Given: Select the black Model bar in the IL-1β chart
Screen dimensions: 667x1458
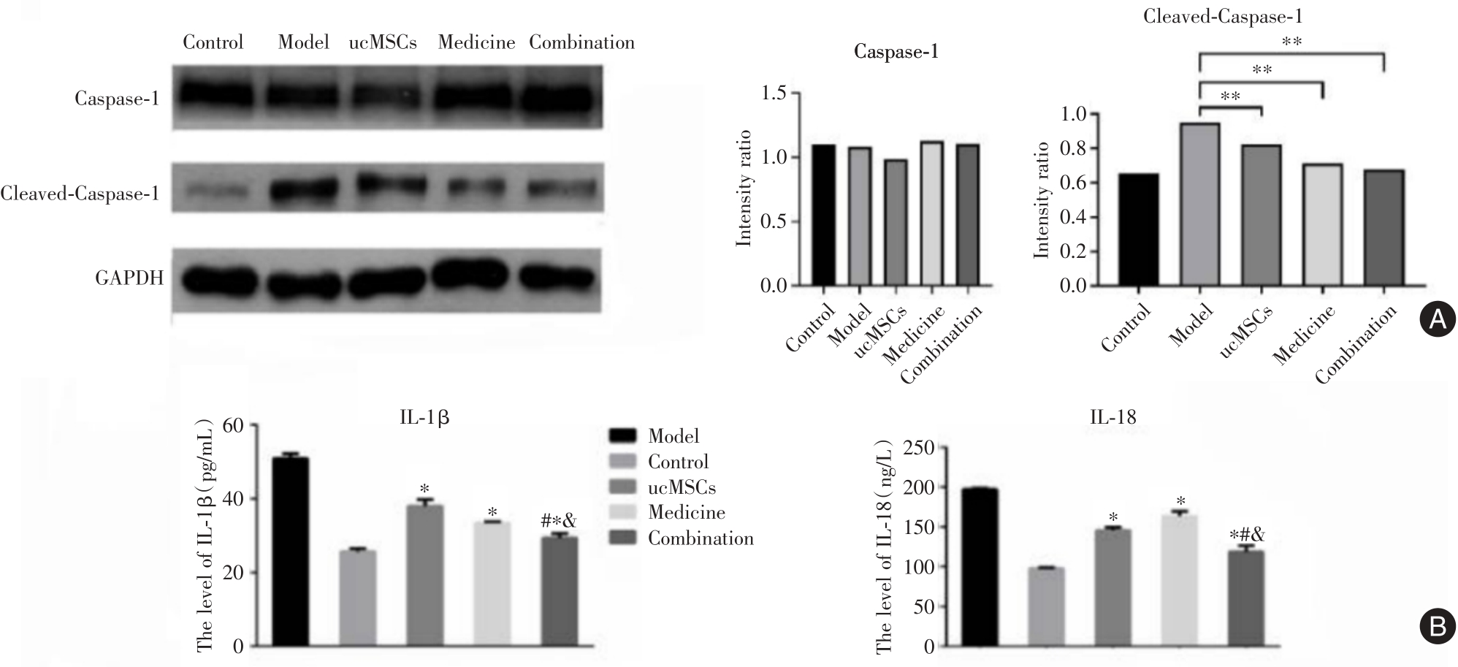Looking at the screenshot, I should click(x=291, y=552).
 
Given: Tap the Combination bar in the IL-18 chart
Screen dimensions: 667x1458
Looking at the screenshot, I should click(x=1246, y=599).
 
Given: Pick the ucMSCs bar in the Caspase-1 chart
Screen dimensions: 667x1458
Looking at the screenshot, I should click(x=895, y=223).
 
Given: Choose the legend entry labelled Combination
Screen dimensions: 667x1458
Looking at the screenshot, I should click(x=700, y=539).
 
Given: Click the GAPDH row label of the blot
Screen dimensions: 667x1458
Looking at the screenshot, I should click(x=129, y=278).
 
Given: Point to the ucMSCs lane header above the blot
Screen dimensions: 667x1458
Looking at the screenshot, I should click(x=383, y=42).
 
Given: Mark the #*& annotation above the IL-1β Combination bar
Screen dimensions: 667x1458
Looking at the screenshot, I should click(x=559, y=522).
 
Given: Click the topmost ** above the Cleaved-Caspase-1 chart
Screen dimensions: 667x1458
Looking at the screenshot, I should click(x=1291, y=42).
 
